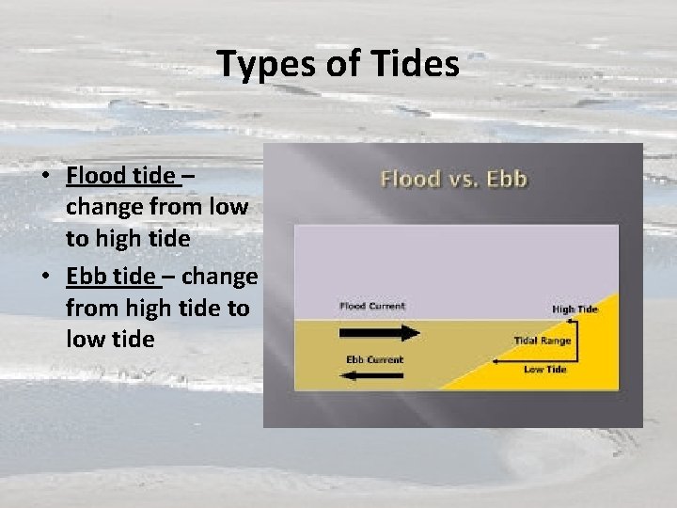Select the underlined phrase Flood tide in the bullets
(x=120, y=176)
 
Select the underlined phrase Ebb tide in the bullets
(x=109, y=277)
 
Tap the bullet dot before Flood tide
(x=46, y=177)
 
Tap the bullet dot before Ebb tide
(x=46, y=278)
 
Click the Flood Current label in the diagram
(x=371, y=306)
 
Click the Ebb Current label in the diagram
(x=374, y=359)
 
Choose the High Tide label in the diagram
(x=575, y=310)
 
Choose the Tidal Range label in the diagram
(x=542, y=341)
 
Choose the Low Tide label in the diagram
(x=544, y=370)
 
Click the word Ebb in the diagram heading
(x=508, y=179)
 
